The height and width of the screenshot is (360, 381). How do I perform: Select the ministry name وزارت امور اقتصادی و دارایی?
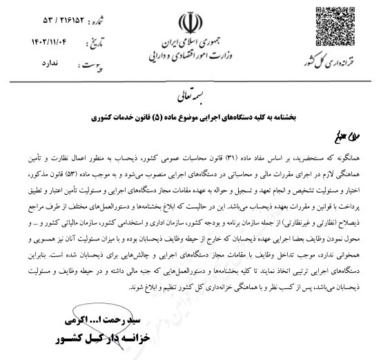point(191,56)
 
